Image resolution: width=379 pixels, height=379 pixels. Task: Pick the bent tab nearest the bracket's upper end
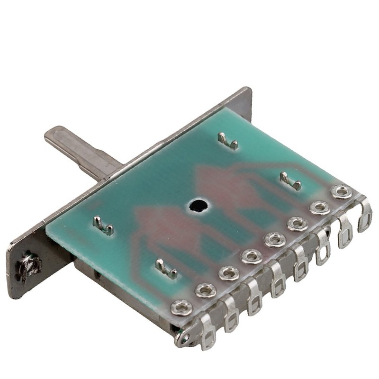tap(227, 141)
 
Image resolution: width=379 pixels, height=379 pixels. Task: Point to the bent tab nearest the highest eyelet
tap(290, 180)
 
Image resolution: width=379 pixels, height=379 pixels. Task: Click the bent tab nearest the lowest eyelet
tap(166, 270)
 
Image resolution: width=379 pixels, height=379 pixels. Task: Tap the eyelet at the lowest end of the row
tap(181, 307)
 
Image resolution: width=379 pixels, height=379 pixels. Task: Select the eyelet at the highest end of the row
tap(341, 191)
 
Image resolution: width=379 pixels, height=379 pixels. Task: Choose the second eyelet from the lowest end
tap(205, 290)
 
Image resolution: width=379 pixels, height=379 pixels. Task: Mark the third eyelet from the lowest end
tap(229, 273)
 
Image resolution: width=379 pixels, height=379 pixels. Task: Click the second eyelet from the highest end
tap(320, 208)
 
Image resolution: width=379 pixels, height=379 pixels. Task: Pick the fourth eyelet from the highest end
tap(275, 239)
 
